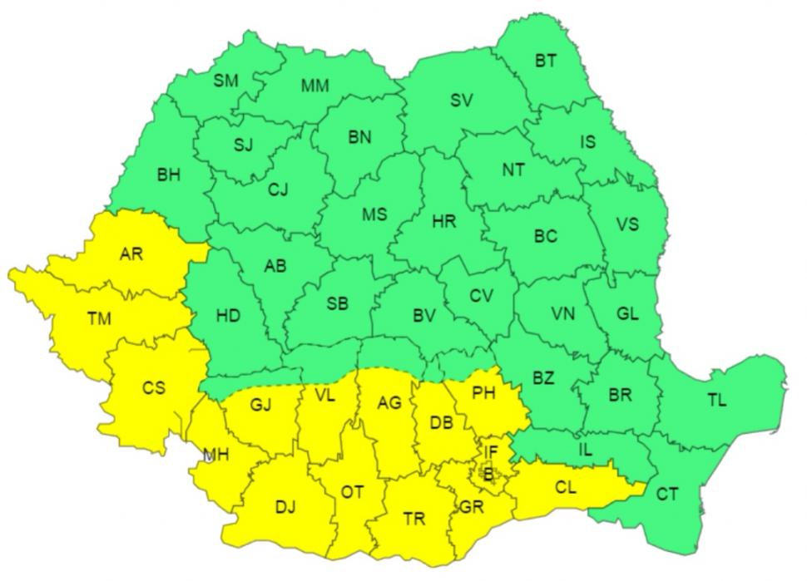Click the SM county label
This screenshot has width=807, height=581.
tap(225, 81)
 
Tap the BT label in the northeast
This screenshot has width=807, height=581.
tap(546, 61)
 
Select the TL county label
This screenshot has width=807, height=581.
tap(716, 400)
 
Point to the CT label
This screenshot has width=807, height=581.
tap(667, 495)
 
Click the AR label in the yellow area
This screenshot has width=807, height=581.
tap(131, 254)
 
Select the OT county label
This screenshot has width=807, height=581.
tap(352, 492)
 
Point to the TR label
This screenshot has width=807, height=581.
tap(413, 519)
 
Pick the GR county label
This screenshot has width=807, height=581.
tap(469, 506)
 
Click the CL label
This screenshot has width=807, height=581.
tap(565, 487)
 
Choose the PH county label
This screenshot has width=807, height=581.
tap(483, 391)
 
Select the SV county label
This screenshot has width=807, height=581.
tap(461, 101)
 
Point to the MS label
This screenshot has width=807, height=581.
tap(374, 214)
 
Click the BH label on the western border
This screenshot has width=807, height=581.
tap(168, 175)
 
